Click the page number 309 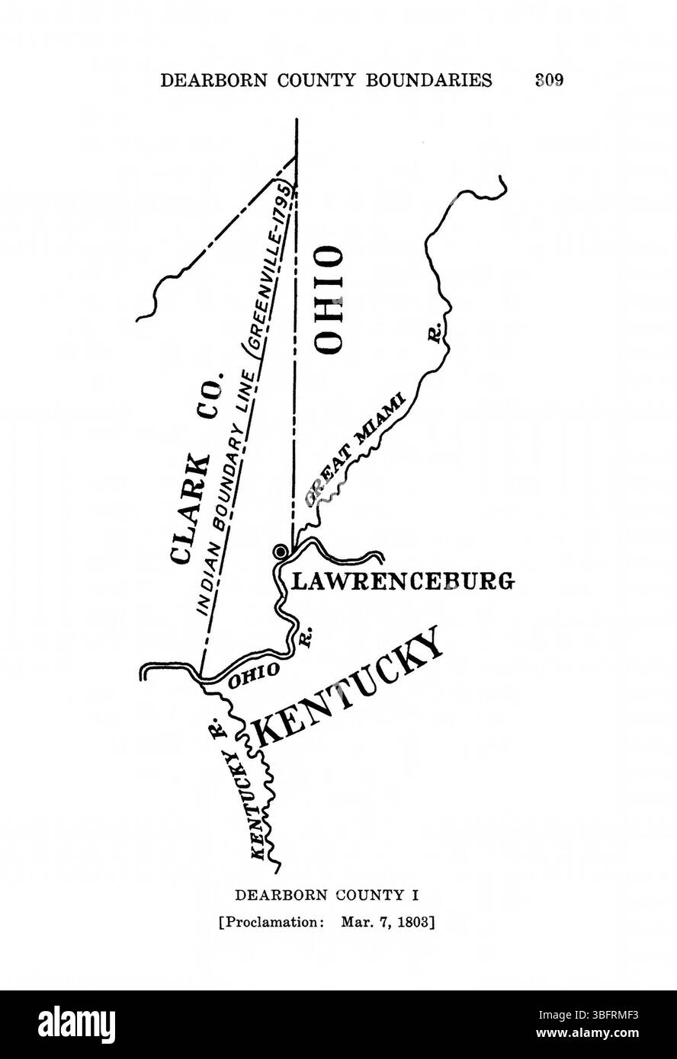549,80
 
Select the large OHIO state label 329,299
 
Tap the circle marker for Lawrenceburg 281,551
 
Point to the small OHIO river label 251,673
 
